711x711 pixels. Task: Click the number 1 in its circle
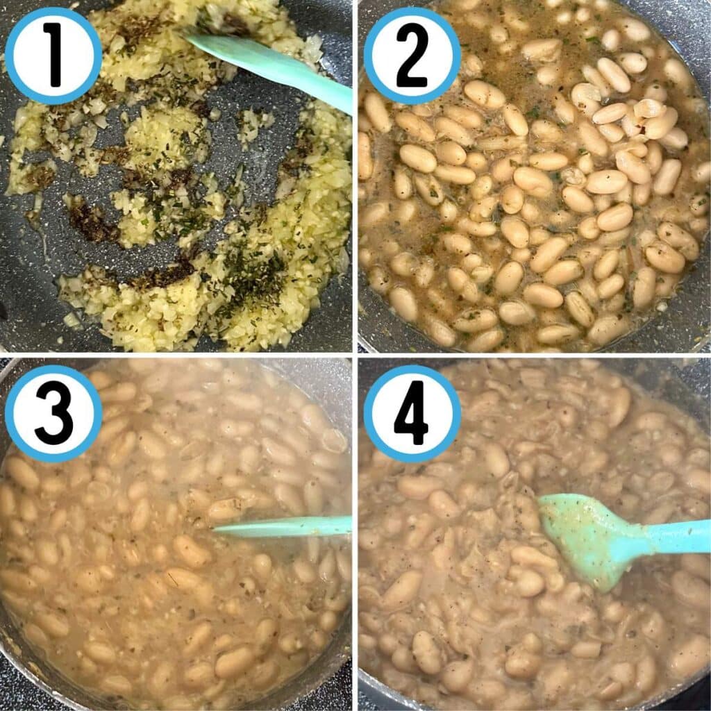coord(53,56)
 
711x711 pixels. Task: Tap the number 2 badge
coord(412,56)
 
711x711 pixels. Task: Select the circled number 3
coord(54,414)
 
